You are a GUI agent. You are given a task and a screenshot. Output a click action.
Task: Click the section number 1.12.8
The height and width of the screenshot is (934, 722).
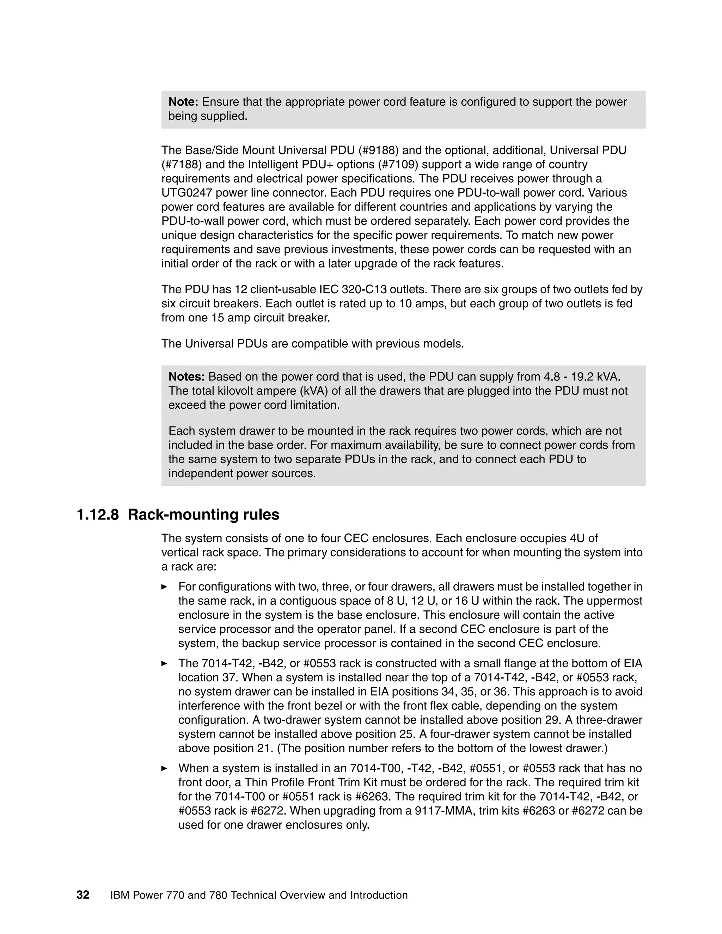(98, 515)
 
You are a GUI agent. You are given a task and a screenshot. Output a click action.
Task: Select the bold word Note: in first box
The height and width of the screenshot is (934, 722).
(183, 102)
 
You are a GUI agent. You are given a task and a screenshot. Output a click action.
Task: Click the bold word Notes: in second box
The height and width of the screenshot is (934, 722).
(186, 377)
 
